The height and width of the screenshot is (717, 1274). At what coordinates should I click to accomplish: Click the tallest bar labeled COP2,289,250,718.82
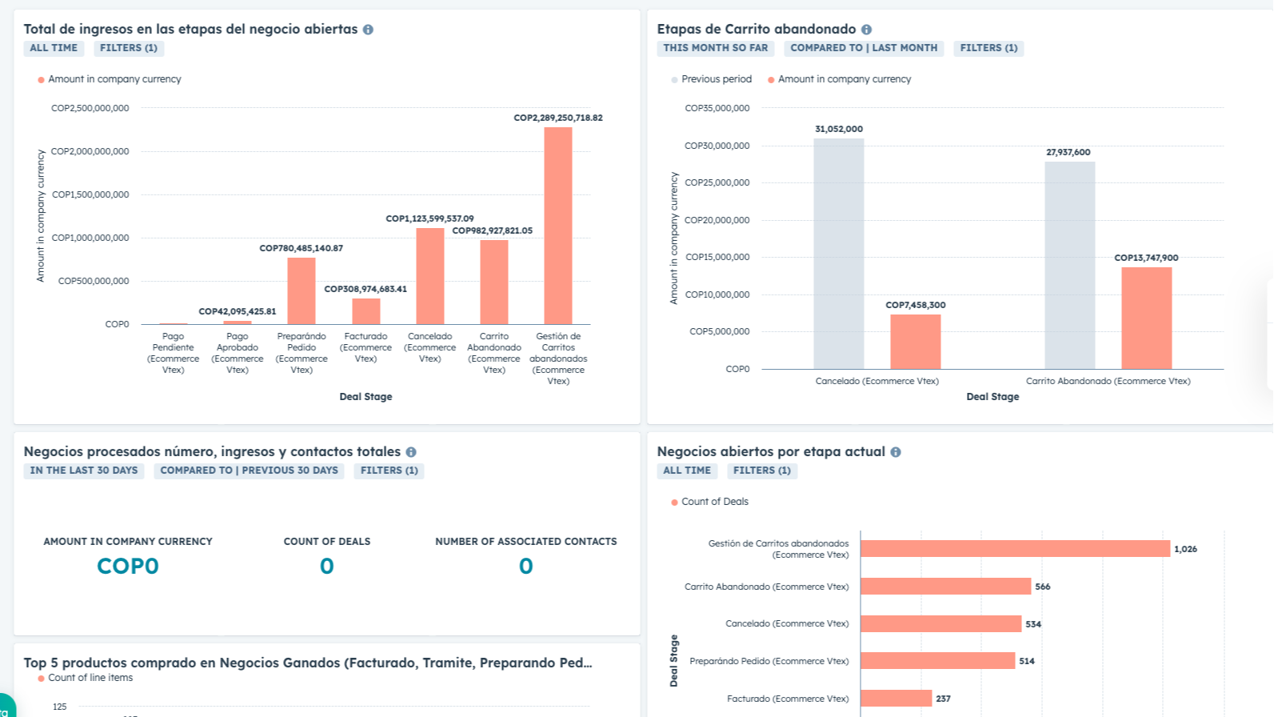pos(557,226)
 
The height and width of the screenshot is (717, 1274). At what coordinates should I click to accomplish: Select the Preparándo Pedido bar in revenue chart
pos(301,290)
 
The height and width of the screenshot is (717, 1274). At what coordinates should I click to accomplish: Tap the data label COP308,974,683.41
pos(365,289)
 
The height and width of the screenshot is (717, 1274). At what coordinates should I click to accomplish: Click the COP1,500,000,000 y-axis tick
pos(90,194)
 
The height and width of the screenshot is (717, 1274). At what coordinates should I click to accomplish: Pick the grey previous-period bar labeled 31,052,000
pos(838,254)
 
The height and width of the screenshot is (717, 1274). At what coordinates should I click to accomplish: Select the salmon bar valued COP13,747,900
pos(1146,318)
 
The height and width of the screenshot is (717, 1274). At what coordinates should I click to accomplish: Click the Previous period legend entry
pos(716,79)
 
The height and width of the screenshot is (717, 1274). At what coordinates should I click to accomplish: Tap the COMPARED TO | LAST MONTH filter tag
pos(864,48)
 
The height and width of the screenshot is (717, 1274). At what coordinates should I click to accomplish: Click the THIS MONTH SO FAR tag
pos(715,48)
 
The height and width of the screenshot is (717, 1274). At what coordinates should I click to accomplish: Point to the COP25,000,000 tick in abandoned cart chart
pos(717,182)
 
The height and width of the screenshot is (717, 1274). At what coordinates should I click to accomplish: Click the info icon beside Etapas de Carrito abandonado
pos(866,30)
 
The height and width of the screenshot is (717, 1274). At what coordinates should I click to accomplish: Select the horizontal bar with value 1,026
pos(1015,548)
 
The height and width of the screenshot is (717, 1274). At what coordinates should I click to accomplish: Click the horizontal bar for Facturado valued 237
pos(896,698)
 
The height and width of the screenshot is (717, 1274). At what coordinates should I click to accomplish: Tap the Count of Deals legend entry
pos(714,502)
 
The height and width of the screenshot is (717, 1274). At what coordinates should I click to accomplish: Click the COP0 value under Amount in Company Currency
pos(128,566)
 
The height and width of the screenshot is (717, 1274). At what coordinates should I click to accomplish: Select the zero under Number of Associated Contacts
pos(525,566)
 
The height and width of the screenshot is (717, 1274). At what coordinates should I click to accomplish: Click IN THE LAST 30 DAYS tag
pos(84,471)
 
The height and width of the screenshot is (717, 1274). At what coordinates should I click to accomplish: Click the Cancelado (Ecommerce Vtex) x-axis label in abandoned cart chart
pos(877,381)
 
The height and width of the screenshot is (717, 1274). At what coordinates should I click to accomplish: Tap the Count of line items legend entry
pos(90,678)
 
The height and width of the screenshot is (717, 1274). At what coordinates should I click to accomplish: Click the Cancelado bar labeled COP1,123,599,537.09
pos(429,276)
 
